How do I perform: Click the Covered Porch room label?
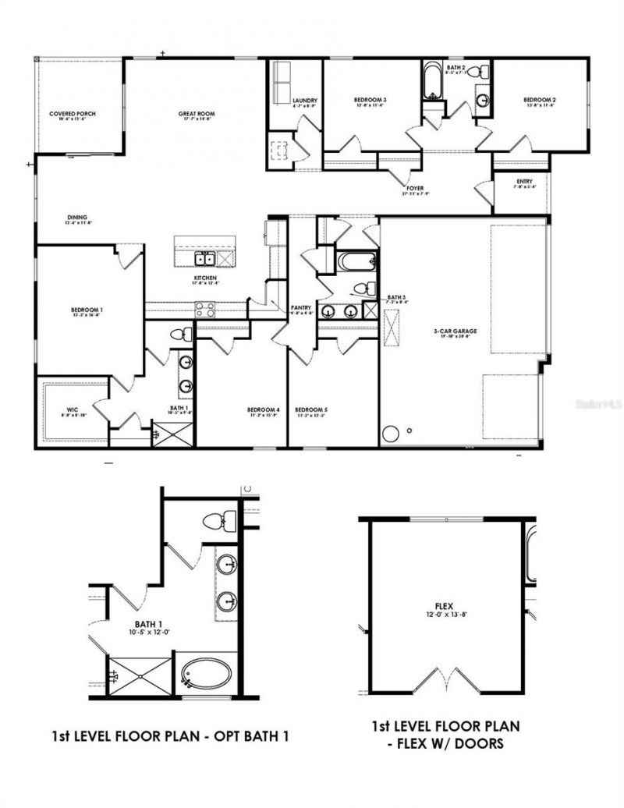pyautogui.click(x=73, y=114)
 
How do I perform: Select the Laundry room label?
pyautogui.click(x=304, y=101)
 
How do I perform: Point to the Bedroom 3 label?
pyautogui.click(x=370, y=100)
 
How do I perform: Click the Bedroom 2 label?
pyautogui.click(x=539, y=100)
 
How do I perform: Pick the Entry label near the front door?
pyautogui.click(x=524, y=182)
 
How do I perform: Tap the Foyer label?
pyautogui.click(x=416, y=189)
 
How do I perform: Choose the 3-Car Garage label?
pyautogui.click(x=456, y=331)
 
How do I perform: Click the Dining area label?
pyautogui.click(x=76, y=218)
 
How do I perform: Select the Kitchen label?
pyautogui.click(x=205, y=278)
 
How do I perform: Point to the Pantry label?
pyautogui.click(x=302, y=307)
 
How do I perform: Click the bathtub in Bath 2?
pyautogui.click(x=431, y=82)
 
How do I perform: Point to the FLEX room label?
pyautogui.click(x=445, y=605)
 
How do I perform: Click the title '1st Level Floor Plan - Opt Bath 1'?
pyautogui.click(x=169, y=735)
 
